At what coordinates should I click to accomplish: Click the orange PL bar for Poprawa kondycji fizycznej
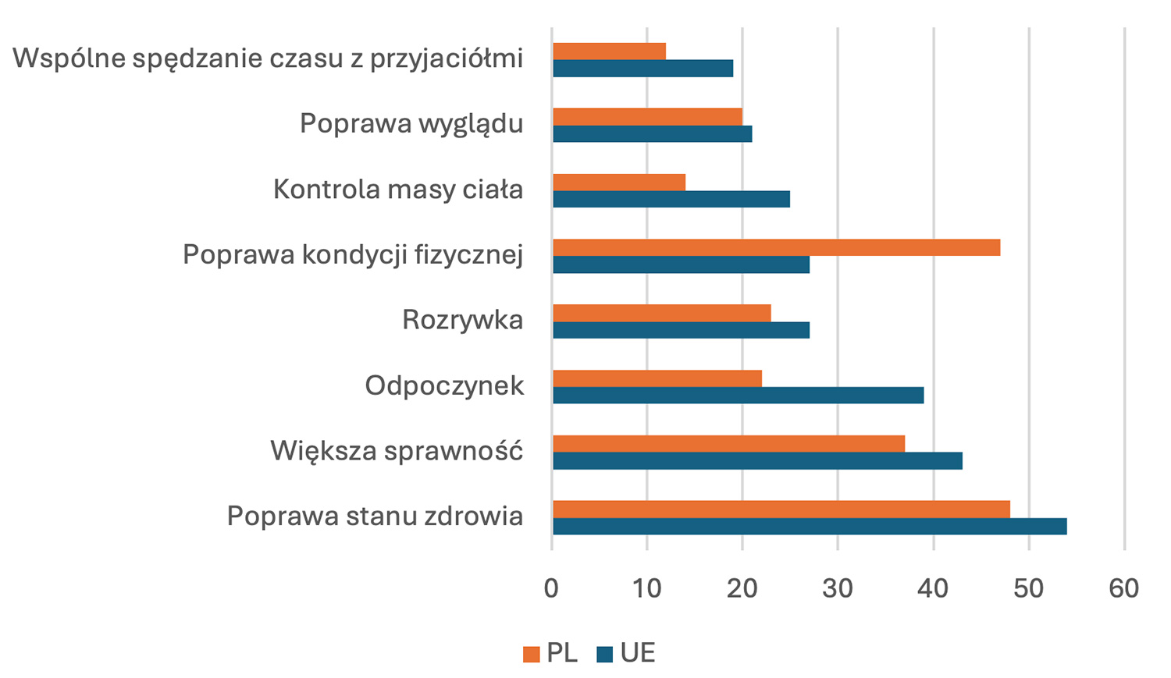[x=776, y=247]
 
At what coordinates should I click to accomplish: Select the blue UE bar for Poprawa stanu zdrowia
[x=810, y=527]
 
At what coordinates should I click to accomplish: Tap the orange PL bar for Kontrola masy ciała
[x=619, y=182]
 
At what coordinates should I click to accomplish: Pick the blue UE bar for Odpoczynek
[x=738, y=396]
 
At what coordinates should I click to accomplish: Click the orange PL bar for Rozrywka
[x=662, y=313]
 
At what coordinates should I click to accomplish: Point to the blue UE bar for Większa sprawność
[x=757, y=461]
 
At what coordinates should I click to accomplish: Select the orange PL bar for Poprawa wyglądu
[x=647, y=116]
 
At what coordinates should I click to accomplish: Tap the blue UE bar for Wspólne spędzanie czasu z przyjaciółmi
[x=642, y=69]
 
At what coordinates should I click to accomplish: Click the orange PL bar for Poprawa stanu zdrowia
[x=781, y=509]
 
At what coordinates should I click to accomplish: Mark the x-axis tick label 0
[x=552, y=588]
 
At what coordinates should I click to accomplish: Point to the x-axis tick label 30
[x=838, y=588]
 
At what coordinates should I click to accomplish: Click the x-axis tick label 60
[x=1124, y=588]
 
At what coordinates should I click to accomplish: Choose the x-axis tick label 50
[x=1029, y=588]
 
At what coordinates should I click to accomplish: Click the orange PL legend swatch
[x=532, y=654]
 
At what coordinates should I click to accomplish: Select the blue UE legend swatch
[x=605, y=654]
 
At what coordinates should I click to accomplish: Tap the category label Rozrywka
[x=462, y=320]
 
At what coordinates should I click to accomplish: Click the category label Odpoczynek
[x=444, y=385]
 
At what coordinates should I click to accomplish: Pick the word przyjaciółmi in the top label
[x=446, y=59]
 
